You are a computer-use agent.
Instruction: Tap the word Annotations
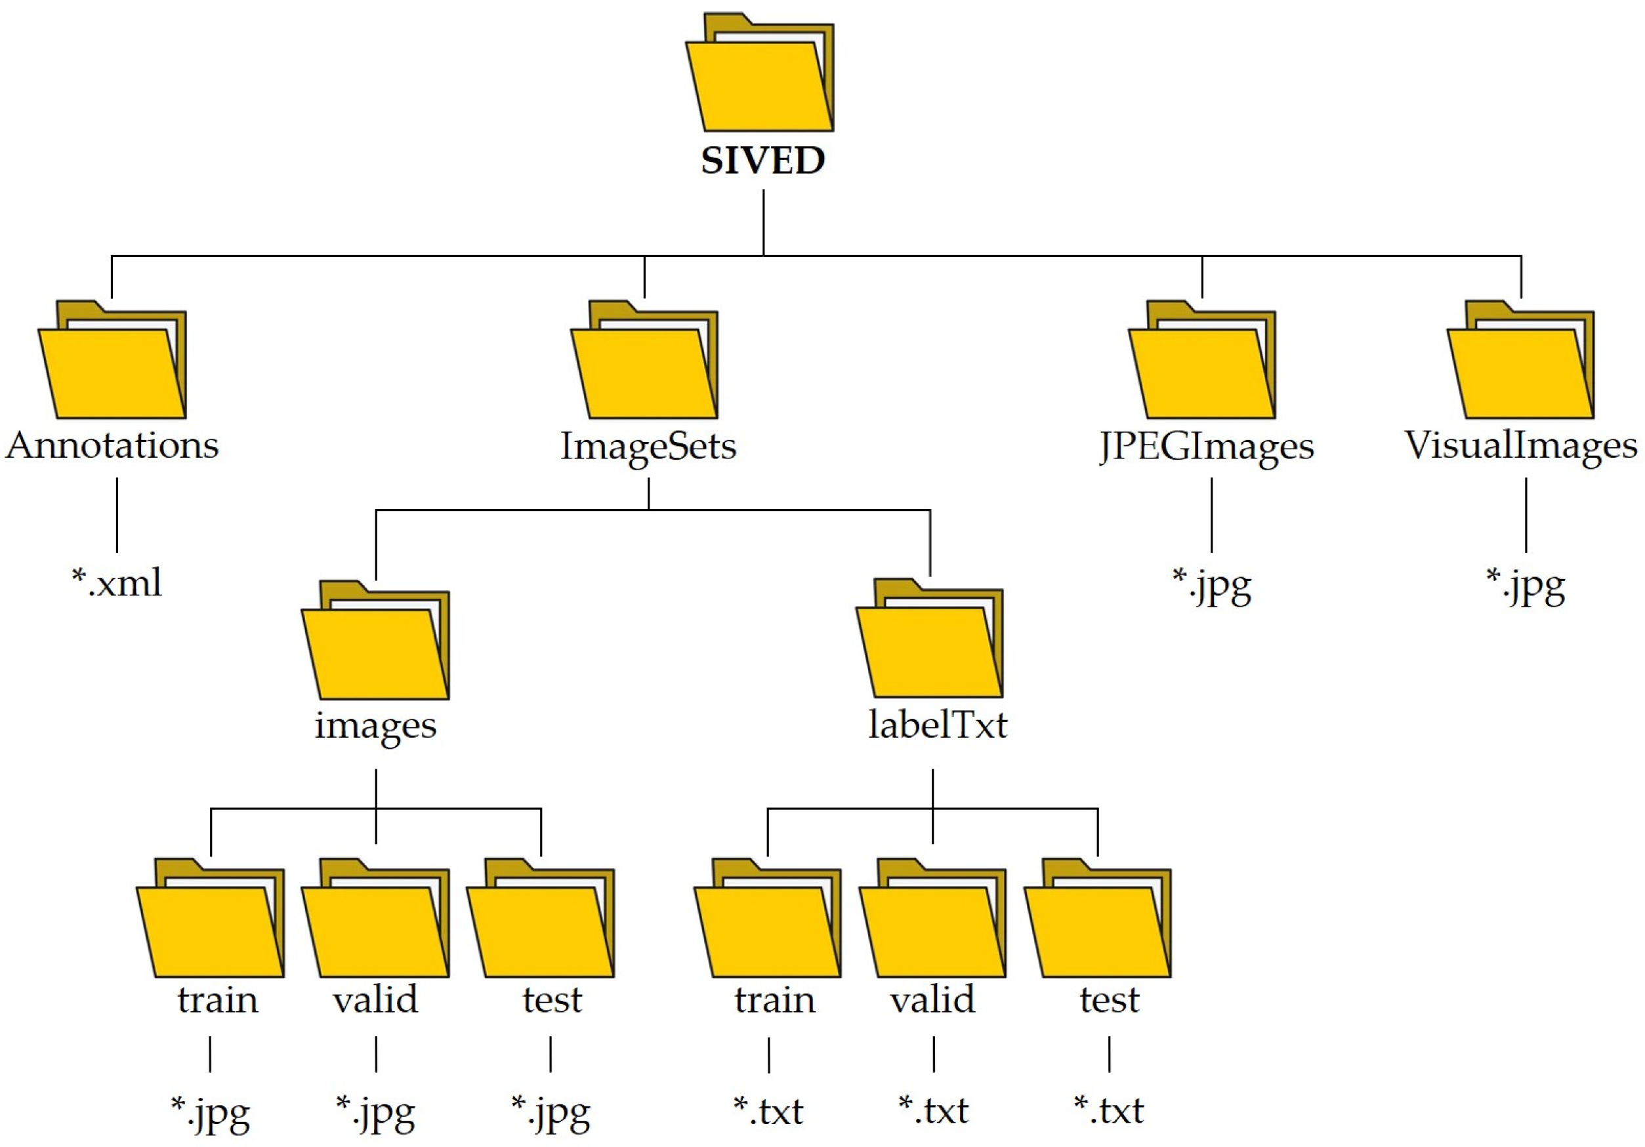112,445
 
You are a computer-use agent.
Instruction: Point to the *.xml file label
117,582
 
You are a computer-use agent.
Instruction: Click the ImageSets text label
648,446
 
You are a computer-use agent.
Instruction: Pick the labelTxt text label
937,725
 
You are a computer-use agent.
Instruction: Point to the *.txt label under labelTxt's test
1108,1110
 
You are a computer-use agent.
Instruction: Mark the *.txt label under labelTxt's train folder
768,1110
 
